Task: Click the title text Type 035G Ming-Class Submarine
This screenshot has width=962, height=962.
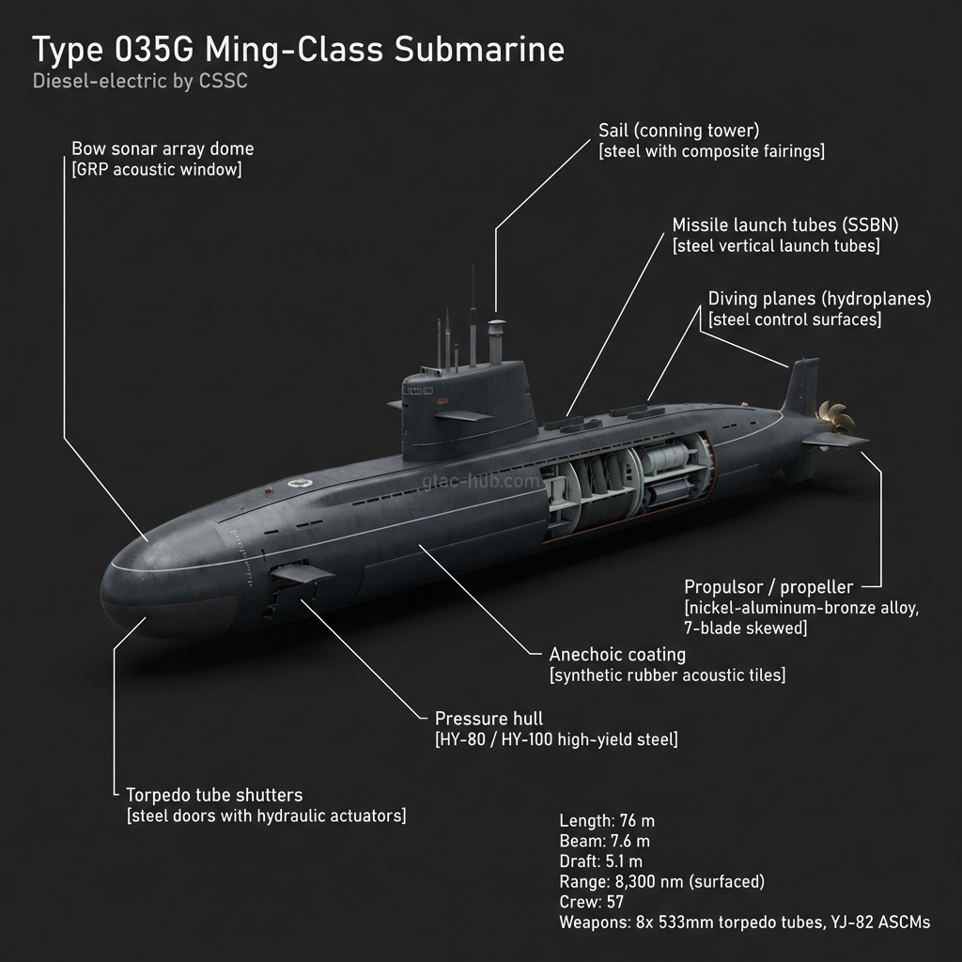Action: tap(299, 50)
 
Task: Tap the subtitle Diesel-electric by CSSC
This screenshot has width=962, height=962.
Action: tap(140, 82)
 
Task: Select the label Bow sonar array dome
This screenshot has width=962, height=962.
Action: tap(163, 149)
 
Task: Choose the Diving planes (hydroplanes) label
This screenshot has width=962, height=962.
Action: tap(819, 299)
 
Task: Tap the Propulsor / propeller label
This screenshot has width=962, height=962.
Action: tap(768, 587)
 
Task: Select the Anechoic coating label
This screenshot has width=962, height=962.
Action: tap(617, 654)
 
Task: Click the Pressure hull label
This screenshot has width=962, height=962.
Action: tap(489, 719)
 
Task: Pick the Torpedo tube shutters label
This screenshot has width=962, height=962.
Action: tap(214, 795)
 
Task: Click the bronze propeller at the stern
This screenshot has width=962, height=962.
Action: tap(830, 424)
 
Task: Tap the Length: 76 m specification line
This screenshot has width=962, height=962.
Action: tap(607, 820)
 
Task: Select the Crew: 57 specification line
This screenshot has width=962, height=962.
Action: tap(592, 902)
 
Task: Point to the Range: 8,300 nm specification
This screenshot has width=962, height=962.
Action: tap(661, 881)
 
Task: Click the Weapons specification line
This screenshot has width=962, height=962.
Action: tap(744, 923)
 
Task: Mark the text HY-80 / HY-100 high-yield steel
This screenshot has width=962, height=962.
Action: tap(556, 739)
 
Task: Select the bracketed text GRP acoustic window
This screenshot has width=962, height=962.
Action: tap(156, 170)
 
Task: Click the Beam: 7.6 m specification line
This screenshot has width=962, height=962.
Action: tap(604, 841)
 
